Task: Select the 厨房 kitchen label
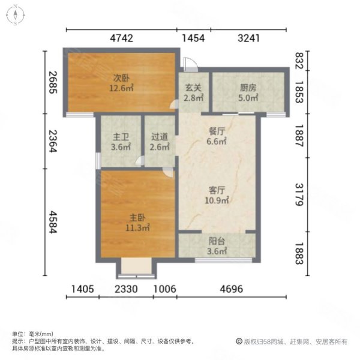[248, 88]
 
